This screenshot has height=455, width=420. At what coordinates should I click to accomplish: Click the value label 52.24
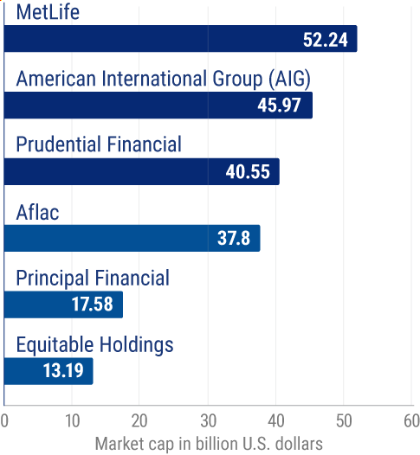pyautogui.click(x=326, y=39)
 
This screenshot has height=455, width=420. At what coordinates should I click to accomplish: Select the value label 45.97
pyautogui.click(x=281, y=106)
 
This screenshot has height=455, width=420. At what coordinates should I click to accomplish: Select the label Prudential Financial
pyautogui.click(x=99, y=144)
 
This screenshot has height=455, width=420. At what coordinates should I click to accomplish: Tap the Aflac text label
pyautogui.click(x=38, y=211)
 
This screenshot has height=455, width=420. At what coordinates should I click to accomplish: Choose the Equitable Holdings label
pyautogui.click(x=94, y=344)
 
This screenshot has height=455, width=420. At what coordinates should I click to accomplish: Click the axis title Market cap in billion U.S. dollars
pyautogui.click(x=208, y=443)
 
